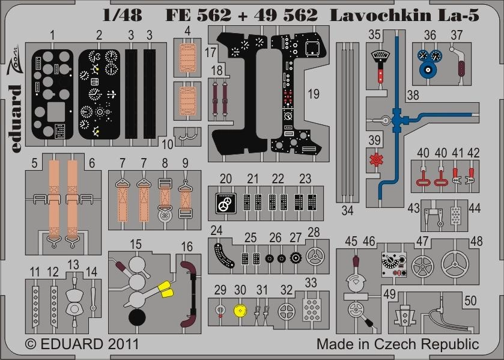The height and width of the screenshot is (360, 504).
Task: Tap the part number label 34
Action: pos(348,210)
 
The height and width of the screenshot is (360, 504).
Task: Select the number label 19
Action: pos(314,93)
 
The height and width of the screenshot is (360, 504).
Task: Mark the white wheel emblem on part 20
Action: pos(224,205)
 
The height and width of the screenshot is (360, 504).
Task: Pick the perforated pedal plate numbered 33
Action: pos(311,310)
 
